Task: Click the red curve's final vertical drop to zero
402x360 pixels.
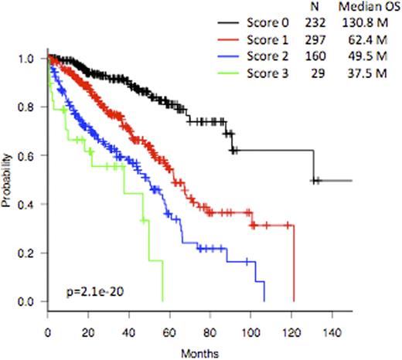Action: coord(294,263)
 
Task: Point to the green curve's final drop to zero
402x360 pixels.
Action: coord(162,282)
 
